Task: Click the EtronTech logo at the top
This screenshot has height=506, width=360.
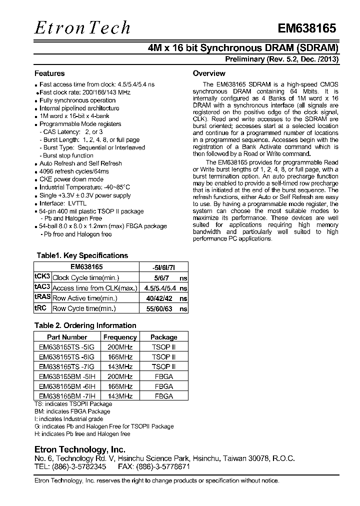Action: tap(82, 27)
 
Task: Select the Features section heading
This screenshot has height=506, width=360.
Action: tap(49, 73)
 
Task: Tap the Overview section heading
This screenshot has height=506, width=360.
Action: tap(209, 73)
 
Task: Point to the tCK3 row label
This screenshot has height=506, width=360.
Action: tap(42, 277)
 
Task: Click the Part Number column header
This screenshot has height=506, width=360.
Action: tap(67, 337)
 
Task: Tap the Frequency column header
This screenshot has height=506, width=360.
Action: tap(119, 337)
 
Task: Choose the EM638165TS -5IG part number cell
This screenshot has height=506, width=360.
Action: tap(67, 347)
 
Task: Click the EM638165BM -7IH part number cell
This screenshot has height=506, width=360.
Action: tap(67, 396)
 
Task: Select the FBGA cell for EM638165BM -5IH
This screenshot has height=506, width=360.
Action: tap(163, 376)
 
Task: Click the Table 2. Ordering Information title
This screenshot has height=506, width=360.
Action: tap(85, 325)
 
